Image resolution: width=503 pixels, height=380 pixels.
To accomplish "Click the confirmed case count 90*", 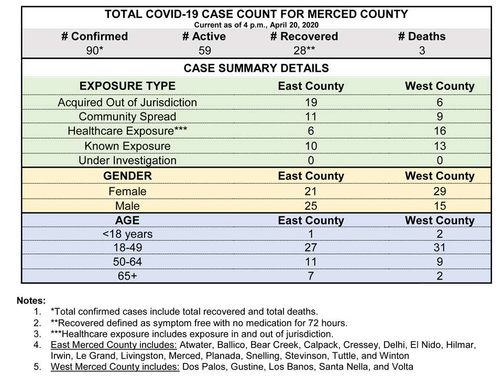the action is (x=95, y=51).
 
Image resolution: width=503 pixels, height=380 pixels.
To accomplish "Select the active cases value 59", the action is (x=205, y=51).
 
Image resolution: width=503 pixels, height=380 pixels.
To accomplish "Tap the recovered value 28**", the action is (x=304, y=51).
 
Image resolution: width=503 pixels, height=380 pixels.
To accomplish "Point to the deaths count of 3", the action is (x=422, y=51).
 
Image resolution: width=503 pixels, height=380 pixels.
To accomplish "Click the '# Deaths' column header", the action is (x=422, y=36).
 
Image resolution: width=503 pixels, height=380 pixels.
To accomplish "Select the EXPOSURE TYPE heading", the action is (x=127, y=86).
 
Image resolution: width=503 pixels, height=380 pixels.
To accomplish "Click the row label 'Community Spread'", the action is (x=127, y=116).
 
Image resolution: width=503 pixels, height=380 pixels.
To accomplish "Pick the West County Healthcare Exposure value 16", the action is (x=440, y=131).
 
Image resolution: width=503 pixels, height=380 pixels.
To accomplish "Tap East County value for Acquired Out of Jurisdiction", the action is (x=311, y=102).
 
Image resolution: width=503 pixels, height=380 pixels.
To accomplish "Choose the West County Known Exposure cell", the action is (x=440, y=146).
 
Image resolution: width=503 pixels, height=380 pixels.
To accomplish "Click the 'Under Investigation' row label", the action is (x=127, y=160).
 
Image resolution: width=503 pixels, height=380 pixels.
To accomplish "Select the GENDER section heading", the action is (x=127, y=176).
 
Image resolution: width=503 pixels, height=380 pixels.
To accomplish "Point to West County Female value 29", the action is (x=440, y=191).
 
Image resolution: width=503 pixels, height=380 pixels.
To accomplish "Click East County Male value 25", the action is (x=311, y=206).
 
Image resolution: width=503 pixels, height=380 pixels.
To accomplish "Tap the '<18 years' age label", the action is (x=127, y=234).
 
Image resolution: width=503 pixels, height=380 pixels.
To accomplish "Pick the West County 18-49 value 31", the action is (x=440, y=248).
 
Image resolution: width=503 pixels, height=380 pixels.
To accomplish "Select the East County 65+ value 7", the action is (x=311, y=275).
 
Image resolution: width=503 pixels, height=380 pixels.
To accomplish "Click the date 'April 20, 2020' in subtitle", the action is (x=294, y=25).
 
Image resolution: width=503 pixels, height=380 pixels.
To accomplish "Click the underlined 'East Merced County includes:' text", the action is (x=114, y=345).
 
